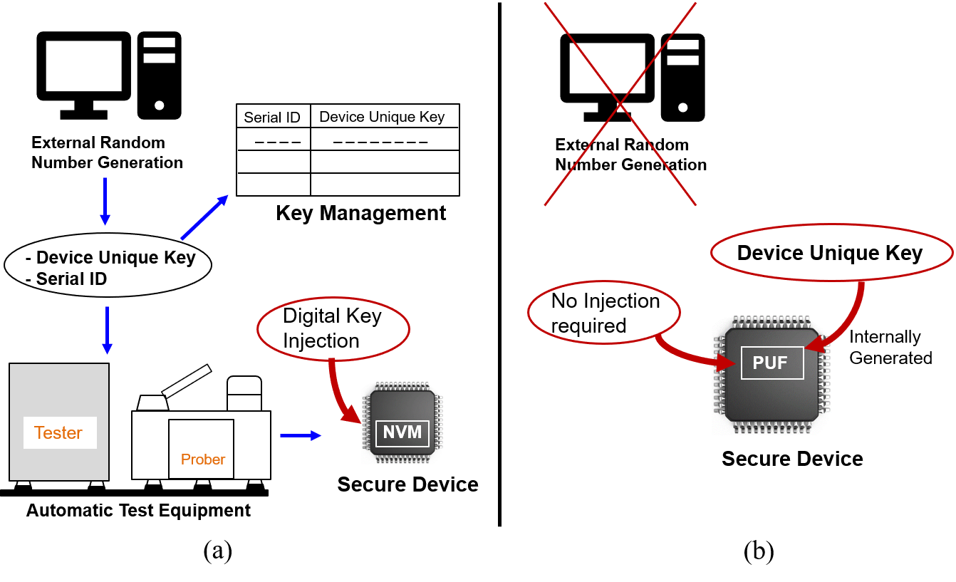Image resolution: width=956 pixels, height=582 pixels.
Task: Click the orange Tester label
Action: pos(58,432)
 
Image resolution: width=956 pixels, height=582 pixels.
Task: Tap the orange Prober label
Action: pos(203,459)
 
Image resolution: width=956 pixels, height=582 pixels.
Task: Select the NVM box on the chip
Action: pos(402,432)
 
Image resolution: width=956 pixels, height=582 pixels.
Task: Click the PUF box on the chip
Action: pos(772,363)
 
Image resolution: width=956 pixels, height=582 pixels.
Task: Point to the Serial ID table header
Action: pos(272,118)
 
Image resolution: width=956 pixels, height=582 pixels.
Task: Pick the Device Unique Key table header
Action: pos(382,117)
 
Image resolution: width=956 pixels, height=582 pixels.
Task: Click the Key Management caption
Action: pos(360,213)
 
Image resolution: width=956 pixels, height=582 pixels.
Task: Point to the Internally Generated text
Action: pos(890,348)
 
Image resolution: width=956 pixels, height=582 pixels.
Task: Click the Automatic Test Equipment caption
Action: pos(138,510)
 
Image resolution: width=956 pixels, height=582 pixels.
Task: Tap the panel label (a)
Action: pos(218,551)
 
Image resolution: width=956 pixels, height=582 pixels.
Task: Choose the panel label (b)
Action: pos(759,551)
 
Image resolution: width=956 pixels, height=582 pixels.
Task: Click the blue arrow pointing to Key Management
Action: pos(204,217)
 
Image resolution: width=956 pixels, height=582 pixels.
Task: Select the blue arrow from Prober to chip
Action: pos(301,435)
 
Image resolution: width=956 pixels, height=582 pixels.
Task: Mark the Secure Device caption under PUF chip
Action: pos(792,459)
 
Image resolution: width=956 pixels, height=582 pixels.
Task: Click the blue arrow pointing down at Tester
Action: pos(107,331)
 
